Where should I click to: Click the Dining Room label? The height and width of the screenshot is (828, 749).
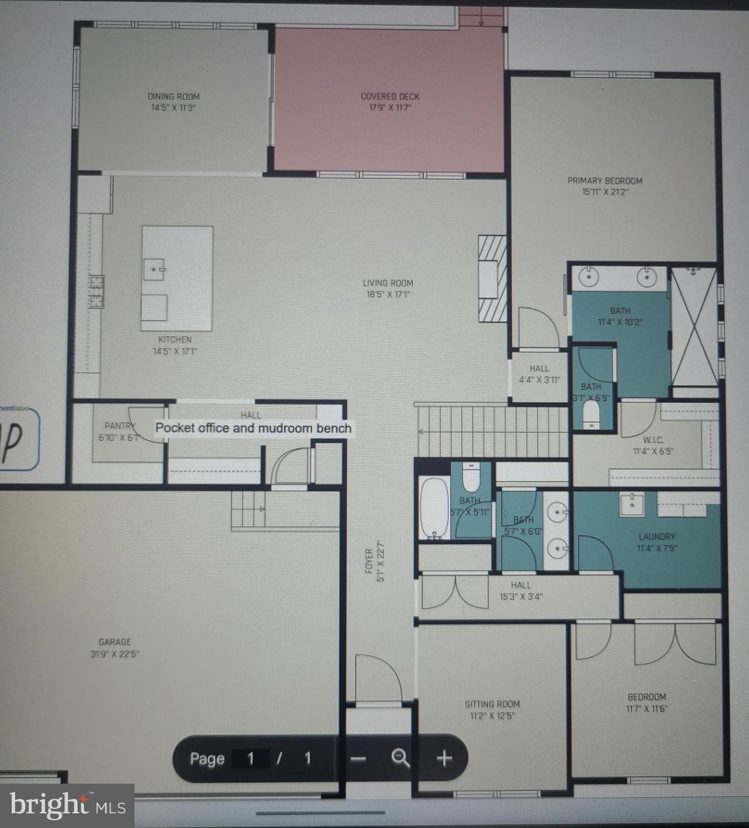[173, 97]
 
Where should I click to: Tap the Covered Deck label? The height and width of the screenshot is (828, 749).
[390, 97]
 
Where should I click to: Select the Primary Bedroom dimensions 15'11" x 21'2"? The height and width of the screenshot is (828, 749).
[605, 192]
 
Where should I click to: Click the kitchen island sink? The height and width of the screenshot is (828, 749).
[154, 269]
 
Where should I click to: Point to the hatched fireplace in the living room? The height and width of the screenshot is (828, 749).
[492, 279]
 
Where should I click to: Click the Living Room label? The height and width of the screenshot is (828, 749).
[388, 284]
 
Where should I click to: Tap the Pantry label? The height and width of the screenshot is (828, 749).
[119, 426]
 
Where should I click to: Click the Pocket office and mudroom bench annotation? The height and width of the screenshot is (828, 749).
[253, 428]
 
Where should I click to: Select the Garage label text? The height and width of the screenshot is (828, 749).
[114, 642]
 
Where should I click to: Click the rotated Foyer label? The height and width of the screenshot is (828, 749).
[369, 561]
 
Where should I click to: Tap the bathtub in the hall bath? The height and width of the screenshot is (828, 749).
[434, 507]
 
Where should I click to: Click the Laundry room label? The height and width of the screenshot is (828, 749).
[656, 537]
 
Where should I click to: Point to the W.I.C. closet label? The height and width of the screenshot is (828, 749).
[653, 440]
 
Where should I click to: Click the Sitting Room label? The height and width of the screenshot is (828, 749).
[492, 704]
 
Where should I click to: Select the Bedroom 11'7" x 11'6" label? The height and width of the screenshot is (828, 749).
[647, 702]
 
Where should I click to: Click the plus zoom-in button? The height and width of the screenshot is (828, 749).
[444, 758]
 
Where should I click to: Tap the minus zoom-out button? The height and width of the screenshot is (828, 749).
[358, 758]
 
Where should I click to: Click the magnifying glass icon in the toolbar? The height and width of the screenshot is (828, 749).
[400, 758]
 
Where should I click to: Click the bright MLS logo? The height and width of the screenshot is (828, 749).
[67, 806]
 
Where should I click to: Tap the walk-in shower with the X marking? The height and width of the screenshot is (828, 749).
[693, 327]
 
